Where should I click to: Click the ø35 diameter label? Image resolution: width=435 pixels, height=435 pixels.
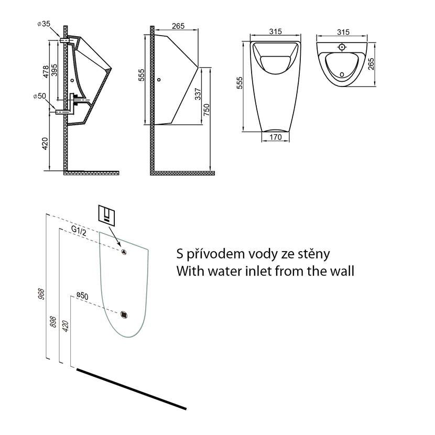44,24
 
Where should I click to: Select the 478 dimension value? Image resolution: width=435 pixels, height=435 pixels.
46,71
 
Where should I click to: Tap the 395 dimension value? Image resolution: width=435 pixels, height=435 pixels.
55,70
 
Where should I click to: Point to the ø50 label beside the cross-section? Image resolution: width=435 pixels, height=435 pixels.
39,96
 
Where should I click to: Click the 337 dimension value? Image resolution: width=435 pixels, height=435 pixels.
198,94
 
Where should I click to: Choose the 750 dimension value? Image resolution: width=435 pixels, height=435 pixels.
206,110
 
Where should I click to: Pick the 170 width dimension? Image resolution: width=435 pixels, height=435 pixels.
276,137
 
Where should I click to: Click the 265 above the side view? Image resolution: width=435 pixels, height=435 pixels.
178,26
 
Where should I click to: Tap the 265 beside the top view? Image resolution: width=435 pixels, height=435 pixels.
371,64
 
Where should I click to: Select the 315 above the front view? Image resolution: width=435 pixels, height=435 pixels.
276,31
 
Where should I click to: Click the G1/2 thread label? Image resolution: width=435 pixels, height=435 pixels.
79,231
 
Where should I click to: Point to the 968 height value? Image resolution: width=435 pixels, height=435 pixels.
41,294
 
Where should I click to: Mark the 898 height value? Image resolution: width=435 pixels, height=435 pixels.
53,322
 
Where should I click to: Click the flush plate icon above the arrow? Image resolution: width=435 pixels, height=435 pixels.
107,214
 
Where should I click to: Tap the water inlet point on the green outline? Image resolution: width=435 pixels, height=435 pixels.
124,252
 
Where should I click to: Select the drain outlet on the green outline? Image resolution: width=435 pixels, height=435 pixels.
124,314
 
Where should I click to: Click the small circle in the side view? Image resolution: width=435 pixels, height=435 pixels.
159,80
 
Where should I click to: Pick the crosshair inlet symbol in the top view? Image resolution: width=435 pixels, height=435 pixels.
342,47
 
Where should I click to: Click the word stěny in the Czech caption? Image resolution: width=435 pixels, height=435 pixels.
314,254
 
